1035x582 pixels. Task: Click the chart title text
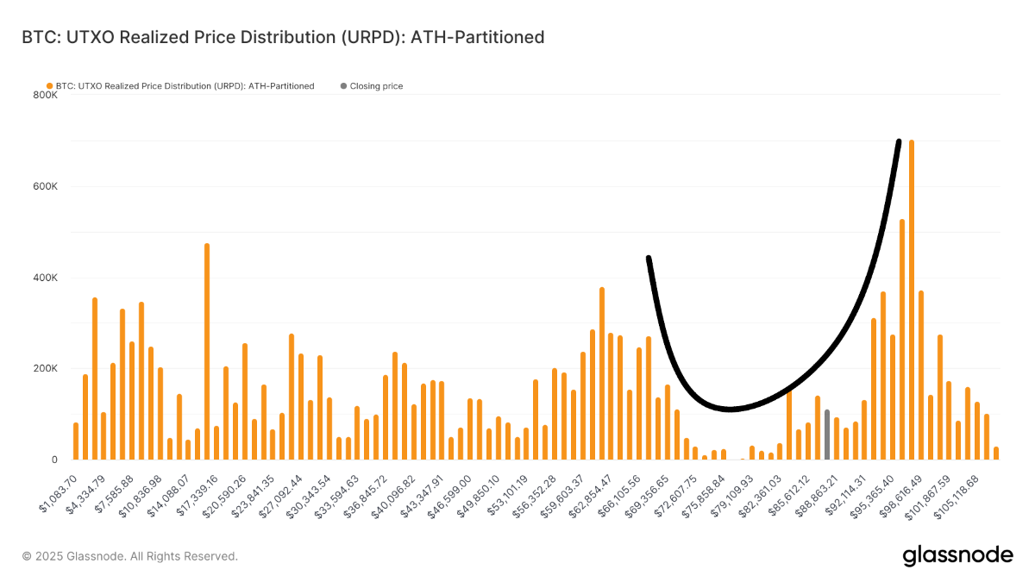click(x=282, y=37)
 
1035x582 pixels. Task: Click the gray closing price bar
click(x=826, y=435)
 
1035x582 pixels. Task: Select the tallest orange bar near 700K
click(x=912, y=302)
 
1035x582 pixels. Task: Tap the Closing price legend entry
click(x=372, y=86)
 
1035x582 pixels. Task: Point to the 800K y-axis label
click(x=46, y=95)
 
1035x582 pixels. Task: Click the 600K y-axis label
click(x=46, y=186)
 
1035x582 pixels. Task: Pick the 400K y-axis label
click(x=46, y=278)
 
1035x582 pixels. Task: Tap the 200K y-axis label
click(x=46, y=368)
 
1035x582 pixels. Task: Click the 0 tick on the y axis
click(x=53, y=460)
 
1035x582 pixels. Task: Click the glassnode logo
click(x=957, y=556)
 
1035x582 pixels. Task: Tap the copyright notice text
click(x=129, y=556)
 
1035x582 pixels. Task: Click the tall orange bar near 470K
click(x=207, y=354)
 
